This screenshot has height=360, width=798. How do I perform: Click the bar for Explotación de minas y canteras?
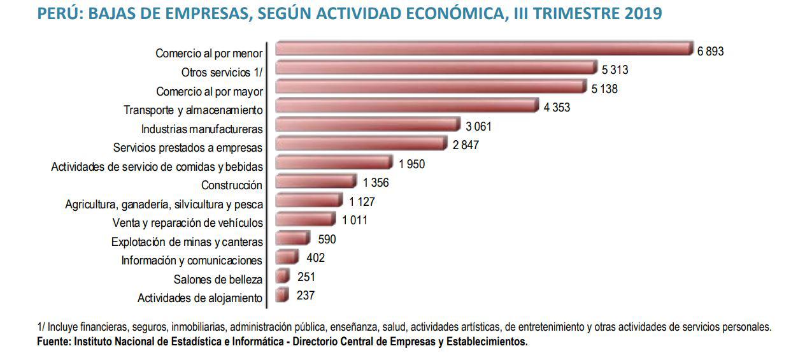pos(292,239)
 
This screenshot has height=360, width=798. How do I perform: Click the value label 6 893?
pos(710,52)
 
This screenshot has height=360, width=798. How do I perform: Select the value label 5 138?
pos(604,89)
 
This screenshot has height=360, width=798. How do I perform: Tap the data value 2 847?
pos(466,145)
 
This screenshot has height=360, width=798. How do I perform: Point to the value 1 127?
pos(362,202)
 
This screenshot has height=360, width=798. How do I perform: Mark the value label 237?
pos(305,296)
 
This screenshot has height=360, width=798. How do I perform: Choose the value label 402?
pos(315,258)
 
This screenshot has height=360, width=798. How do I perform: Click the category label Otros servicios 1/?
pos(222,73)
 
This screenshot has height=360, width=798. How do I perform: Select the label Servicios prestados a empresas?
pos(188,148)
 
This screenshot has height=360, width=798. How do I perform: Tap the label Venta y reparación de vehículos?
pos(187,223)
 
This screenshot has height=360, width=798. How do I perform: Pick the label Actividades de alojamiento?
pos(200,298)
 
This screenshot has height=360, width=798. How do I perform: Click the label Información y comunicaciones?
pos(192,261)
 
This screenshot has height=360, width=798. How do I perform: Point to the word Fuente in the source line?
pos(53,342)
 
